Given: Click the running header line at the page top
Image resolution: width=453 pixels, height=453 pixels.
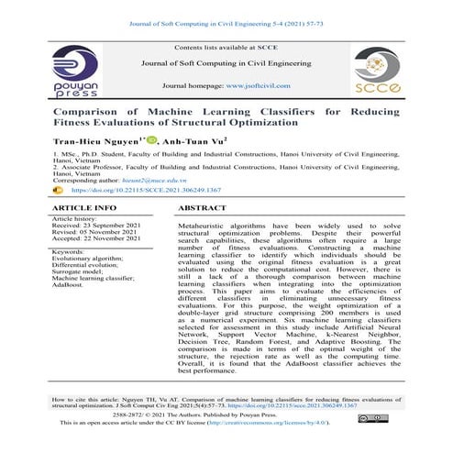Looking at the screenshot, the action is (x=226, y=9).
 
